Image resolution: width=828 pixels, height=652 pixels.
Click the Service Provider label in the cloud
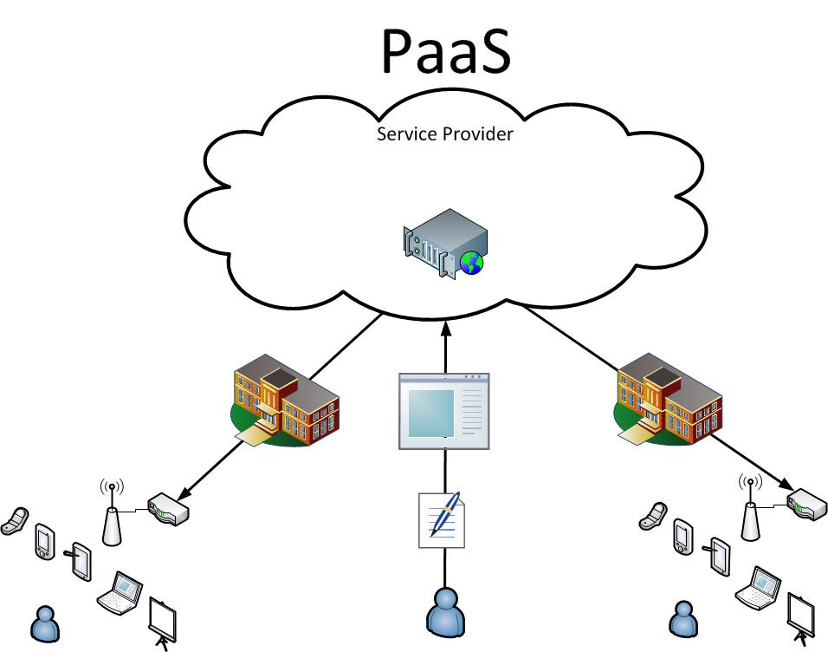445,135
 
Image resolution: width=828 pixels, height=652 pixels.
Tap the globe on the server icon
471,262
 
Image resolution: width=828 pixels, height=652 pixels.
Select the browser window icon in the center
443,411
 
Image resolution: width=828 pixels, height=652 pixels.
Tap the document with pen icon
442,519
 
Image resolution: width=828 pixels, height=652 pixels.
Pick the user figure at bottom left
44,623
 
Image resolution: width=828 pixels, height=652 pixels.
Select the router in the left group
168,509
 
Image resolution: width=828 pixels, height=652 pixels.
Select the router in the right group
806,504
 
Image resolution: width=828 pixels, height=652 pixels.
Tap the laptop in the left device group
119,591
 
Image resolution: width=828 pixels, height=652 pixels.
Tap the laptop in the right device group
758,587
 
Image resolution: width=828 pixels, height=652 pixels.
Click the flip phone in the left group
15,520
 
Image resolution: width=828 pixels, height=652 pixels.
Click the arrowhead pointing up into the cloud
444,327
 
